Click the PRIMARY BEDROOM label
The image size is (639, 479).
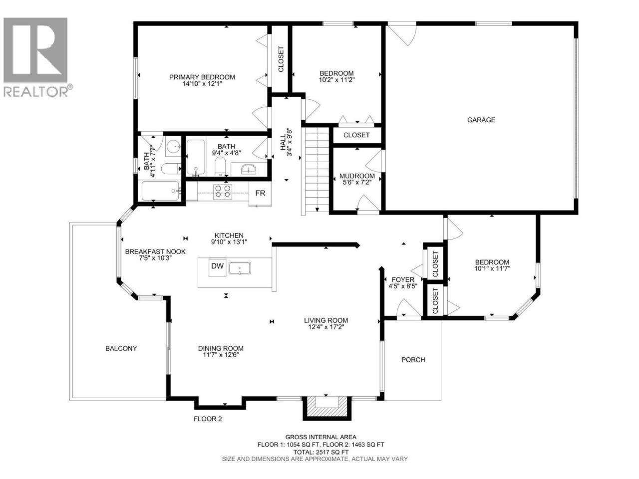pos(202,77)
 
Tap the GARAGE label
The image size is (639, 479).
pos(481,120)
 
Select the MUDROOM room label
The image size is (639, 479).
pos(357,176)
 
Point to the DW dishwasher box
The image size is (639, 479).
pos(217,265)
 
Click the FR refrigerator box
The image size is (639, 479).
pos(260,194)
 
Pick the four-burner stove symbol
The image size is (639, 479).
pos(223,192)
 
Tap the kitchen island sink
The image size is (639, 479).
pos(239,268)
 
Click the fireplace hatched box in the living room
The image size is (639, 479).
pos(327,408)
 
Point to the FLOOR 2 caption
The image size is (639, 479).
pos(208,419)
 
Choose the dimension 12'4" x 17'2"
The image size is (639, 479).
pos(326,327)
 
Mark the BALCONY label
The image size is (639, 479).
pos(121,348)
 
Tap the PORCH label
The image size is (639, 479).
pos(413,360)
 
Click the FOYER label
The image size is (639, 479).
pos(403,279)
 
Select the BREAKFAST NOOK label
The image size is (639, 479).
pos(155,251)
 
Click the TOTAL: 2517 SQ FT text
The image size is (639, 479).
pos(320,461)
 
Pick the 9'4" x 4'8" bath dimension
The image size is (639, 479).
pos(227,153)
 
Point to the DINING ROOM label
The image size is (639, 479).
pos(221,348)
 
